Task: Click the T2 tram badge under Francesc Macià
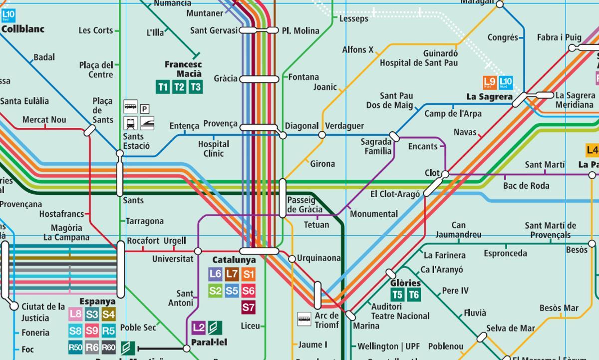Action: [179, 87]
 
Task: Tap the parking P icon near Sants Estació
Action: [144, 109]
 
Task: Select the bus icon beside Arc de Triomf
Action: [304, 319]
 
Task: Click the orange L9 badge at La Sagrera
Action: [490, 82]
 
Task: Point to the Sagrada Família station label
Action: [377, 146]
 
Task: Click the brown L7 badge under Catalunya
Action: [232, 274]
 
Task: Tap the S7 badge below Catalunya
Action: [248, 307]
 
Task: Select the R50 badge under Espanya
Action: [75, 348]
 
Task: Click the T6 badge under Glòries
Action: [414, 295]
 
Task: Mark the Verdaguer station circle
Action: [322, 135]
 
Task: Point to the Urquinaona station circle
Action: [292, 259]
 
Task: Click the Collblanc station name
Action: [23, 29]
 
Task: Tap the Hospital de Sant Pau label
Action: [418, 63]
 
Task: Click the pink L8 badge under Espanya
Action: [75, 314]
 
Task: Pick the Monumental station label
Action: [374, 214]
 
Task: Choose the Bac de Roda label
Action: [526, 186]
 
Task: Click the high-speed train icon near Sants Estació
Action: [147, 123]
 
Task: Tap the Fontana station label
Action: [303, 77]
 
